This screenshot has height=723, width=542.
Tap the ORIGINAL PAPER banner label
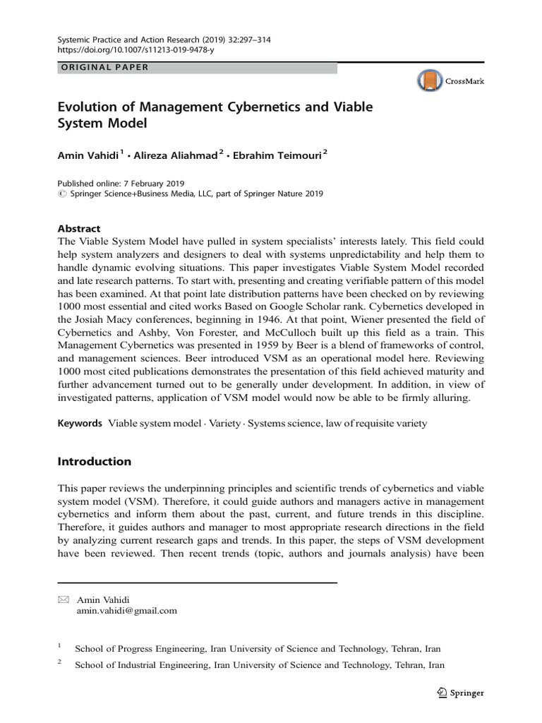(x=102, y=68)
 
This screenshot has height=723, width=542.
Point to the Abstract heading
(x=78, y=228)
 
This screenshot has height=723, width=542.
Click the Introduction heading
(x=94, y=461)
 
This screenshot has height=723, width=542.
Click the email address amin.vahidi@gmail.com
(x=126, y=611)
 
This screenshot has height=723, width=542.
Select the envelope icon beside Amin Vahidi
(x=63, y=599)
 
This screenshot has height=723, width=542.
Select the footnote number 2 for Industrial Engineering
(x=60, y=663)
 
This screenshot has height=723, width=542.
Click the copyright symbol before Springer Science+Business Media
(x=61, y=193)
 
